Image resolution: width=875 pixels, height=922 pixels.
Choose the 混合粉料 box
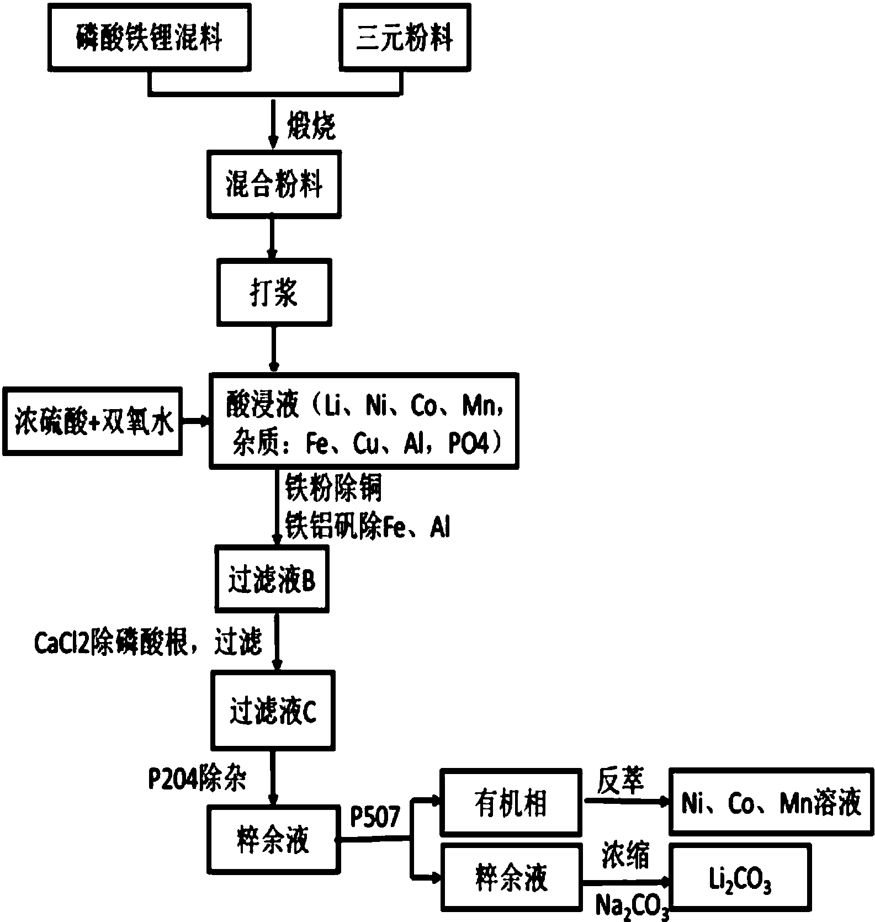[x=273, y=184]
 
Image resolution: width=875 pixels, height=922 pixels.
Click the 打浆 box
[x=274, y=292]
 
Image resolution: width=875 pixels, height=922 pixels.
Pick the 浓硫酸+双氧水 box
[x=93, y=421]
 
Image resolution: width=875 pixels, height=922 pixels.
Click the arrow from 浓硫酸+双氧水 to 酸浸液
[x=195, y=421]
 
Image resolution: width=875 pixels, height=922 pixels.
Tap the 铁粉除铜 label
[x=333, y=488]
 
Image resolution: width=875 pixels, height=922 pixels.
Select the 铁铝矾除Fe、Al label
[x=367, y=526]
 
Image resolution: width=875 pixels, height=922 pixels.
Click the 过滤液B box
[x=272, y=579]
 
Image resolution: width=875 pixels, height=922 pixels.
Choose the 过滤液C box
[x=273, y=711]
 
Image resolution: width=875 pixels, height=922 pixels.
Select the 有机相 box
[x=511, y=802]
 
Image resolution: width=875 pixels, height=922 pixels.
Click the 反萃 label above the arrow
[x=621, y=782]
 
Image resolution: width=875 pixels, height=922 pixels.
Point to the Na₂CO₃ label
[x=633, y=907]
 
